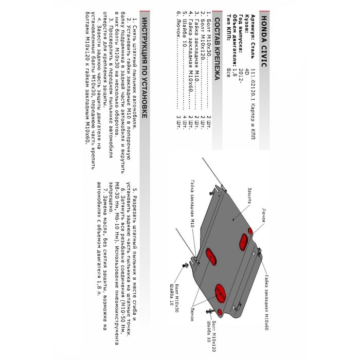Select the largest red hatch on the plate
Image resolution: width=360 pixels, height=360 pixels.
pos(220,295)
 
